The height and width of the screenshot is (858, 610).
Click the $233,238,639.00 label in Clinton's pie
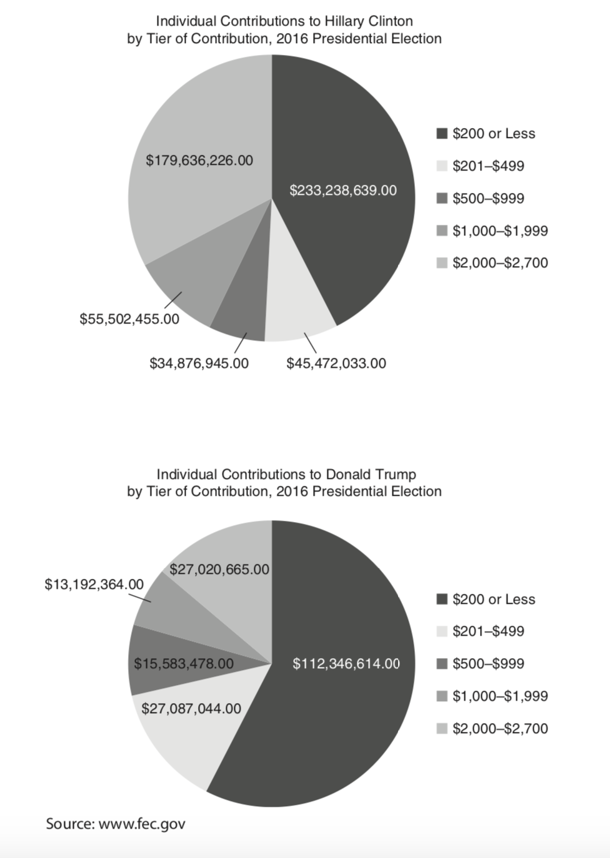tap(342, 190)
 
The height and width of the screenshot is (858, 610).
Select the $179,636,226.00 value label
tap(199, 160)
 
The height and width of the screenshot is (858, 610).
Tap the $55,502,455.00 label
tap(129, 319)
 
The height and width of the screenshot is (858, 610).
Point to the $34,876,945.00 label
tap(199, 363)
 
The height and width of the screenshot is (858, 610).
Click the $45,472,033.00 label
tap(336, 363)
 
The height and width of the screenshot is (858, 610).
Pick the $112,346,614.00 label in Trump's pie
tap(346, 663)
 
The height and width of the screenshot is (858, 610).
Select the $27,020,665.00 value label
tap(219, 570)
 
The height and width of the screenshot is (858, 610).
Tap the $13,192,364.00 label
tap(94, 584)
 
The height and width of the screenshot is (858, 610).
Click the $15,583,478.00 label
tap(184, 663)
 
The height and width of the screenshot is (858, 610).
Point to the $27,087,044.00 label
tap(191, 708)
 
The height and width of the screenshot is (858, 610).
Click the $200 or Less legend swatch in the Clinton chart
tap(442, 134)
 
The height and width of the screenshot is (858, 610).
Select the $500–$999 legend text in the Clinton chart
tap(488, 199)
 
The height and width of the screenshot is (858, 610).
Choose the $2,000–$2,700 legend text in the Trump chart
tap(500, 728)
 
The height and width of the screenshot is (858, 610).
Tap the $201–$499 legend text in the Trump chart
tap(488, 631)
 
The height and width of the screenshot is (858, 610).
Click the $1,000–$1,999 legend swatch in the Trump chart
tap(442, 696)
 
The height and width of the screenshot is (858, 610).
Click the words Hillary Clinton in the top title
tap(369, 22)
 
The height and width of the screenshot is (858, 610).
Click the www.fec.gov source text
tap(142, 824)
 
